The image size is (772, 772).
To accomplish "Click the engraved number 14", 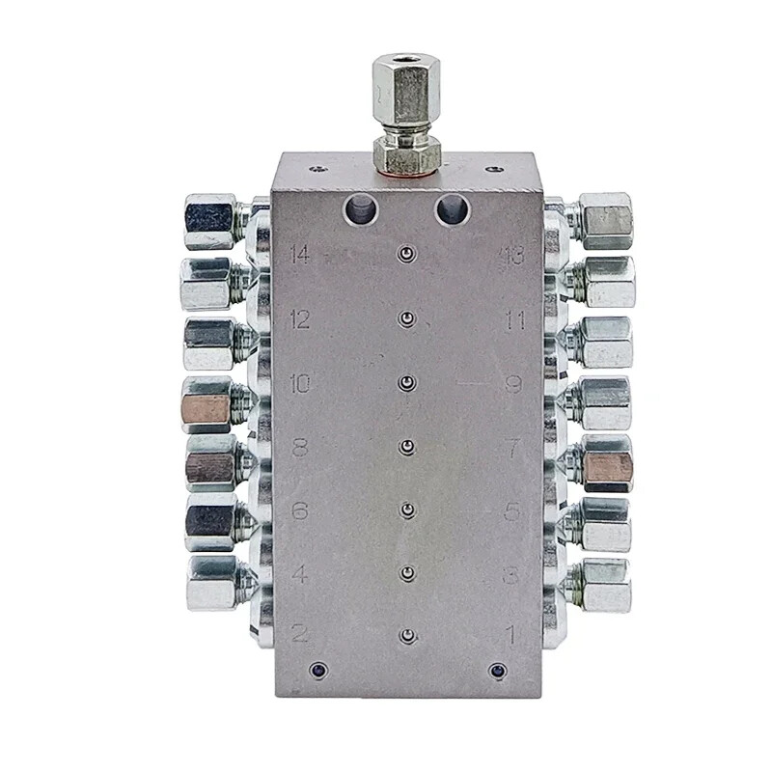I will click(x=299, y=255).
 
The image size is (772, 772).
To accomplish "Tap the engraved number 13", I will click(x=511, y=256).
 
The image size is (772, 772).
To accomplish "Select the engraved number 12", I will click(x=299, y=319).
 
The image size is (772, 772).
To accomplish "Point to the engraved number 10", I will click(x=299, y=384).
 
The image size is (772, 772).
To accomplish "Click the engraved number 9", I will click(x=513, y=384).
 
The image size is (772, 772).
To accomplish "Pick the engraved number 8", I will click(x=300, y=448).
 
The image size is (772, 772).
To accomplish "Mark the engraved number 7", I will click(x=513, y=448).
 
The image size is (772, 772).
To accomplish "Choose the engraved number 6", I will click(x=300, y=511).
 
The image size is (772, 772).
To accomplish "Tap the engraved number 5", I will click(x=513, y=511).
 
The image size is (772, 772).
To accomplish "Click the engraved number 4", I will click(x=300, y=575).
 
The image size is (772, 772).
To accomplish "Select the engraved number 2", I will click(x=300, y=634).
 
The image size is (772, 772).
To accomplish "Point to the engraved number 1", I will click(x=513, y=634).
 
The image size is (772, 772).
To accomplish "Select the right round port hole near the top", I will click(x=450, y=208).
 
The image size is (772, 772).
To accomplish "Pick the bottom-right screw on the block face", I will click(x=497, y=669).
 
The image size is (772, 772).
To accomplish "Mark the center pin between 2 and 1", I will click(x=408, y=636).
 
